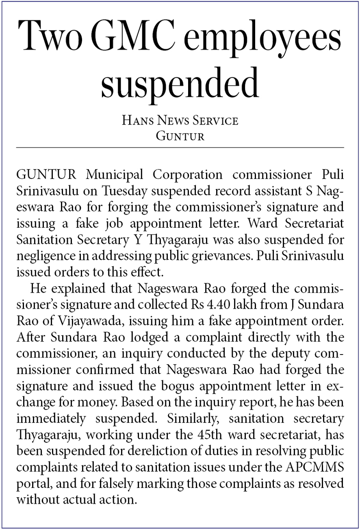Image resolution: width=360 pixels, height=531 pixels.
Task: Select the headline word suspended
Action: tap(180, 82)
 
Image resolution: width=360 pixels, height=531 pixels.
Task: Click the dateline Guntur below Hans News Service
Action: tap(180, 135)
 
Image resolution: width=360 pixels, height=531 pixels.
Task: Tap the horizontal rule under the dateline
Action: tap(180, 147)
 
